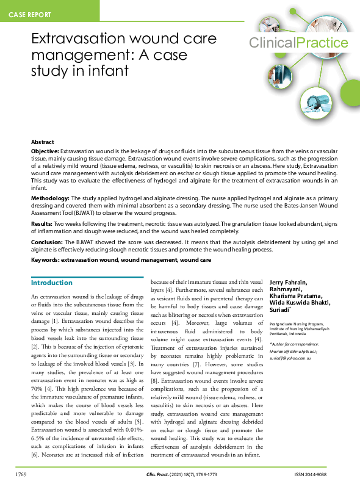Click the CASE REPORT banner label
tap(30, 13)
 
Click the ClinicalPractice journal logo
tap(298, 43)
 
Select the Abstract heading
tap(43, 142)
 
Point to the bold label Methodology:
tap(51, 199)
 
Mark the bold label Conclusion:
tap(47, 242)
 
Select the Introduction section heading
tap(52, 283)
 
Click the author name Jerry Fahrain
tap(289, 282)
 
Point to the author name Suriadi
tap(282, 311)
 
